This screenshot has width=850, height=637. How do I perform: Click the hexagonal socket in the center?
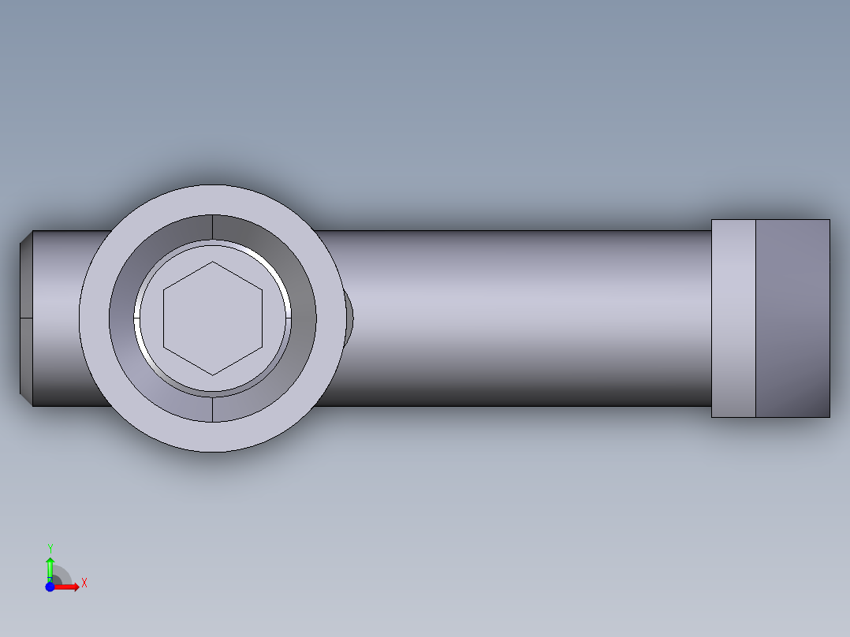(x=212, y=318)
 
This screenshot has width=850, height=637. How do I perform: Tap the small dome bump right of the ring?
(x=349, y=317)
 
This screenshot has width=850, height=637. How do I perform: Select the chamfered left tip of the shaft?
(x=25, y=318)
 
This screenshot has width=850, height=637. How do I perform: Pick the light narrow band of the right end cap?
(x=733, y=318)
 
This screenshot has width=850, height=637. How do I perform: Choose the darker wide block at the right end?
(x=792, y=318)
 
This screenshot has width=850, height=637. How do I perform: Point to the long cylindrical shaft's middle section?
(x=520, y=318)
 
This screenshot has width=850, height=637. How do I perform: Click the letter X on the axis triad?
(x=84, y=583)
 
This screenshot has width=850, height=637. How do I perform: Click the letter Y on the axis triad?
(x=50, y=548)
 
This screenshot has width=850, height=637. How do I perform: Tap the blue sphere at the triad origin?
(x=50, y=587)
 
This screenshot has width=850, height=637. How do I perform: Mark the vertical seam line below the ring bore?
(x=213, y=408)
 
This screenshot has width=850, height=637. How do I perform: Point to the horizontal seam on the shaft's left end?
(x=25, y=318)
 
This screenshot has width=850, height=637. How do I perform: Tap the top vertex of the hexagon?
(x=213, y=262)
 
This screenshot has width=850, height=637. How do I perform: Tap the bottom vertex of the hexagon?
(x=213, y=374)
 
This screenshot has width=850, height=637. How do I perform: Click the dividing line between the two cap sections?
(x=755, y=318)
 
